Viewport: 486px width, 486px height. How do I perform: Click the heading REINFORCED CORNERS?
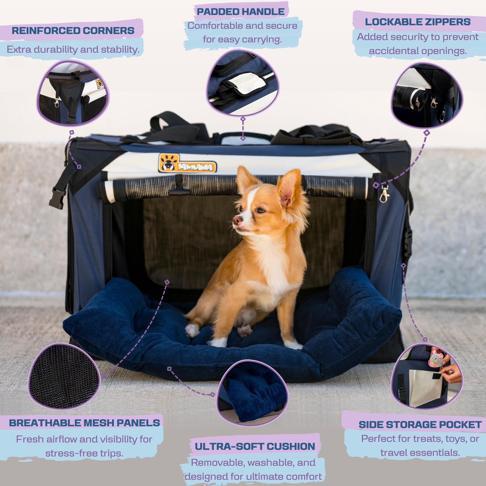tap(73, 31)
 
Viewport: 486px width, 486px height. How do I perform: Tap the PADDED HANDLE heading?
tap(240, 12)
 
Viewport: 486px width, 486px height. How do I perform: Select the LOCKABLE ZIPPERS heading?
tap(418, 22)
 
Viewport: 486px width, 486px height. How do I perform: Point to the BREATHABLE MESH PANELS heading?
tap(84, 423)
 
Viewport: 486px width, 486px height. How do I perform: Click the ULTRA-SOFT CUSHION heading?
tap(255, 446)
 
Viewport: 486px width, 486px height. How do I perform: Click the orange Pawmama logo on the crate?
tap(187, 163)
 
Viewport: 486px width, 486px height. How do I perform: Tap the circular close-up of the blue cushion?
tap(252, 394)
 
